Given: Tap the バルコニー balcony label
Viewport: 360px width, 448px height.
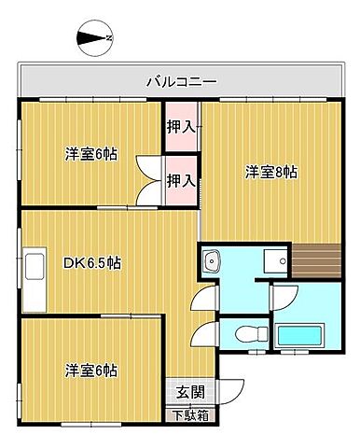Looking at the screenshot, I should (x=181, y=81).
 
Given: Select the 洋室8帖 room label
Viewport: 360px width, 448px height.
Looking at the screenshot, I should (x=271, y=172).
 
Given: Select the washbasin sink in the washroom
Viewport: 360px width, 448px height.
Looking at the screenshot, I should (x=211, y=260).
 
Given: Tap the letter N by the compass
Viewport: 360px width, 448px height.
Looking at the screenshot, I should (x=108, y=38).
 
